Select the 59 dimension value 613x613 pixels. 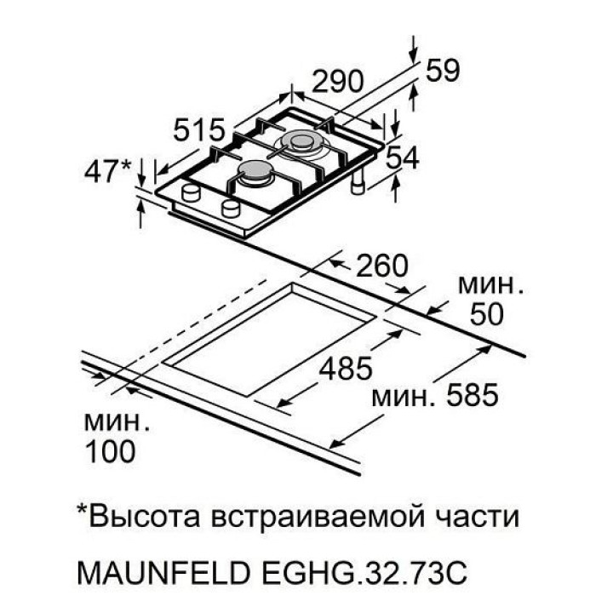click(x=441, y=72)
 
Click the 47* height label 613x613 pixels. click(x=110, y=171)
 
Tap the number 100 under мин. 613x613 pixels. click(x=111, y=450)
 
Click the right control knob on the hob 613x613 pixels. click(x=231, y=209)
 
